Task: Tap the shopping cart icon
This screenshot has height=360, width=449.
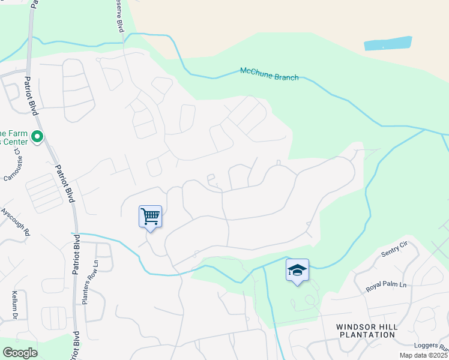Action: pyautogui.click(x=150, y=215)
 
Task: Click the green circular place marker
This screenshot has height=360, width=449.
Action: pyautogui.click(x=37, y=137)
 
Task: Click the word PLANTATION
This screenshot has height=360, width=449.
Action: pyautogui.click(x=366, y=335)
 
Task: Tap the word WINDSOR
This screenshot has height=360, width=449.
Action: pyautogui.click(x=357, y=326)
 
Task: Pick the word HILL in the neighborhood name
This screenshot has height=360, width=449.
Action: pyautogui.click(x=388, y=326)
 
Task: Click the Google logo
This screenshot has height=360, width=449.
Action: pyautogui.click(x=20, y=353)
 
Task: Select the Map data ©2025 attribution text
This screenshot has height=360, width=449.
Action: pyautogui.click(x=423, y=355)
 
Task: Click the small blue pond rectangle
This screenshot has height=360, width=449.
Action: pyautogui.click(x=388, y=43)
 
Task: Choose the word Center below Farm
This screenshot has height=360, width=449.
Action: pyautogui.click(x=13, y=142)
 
